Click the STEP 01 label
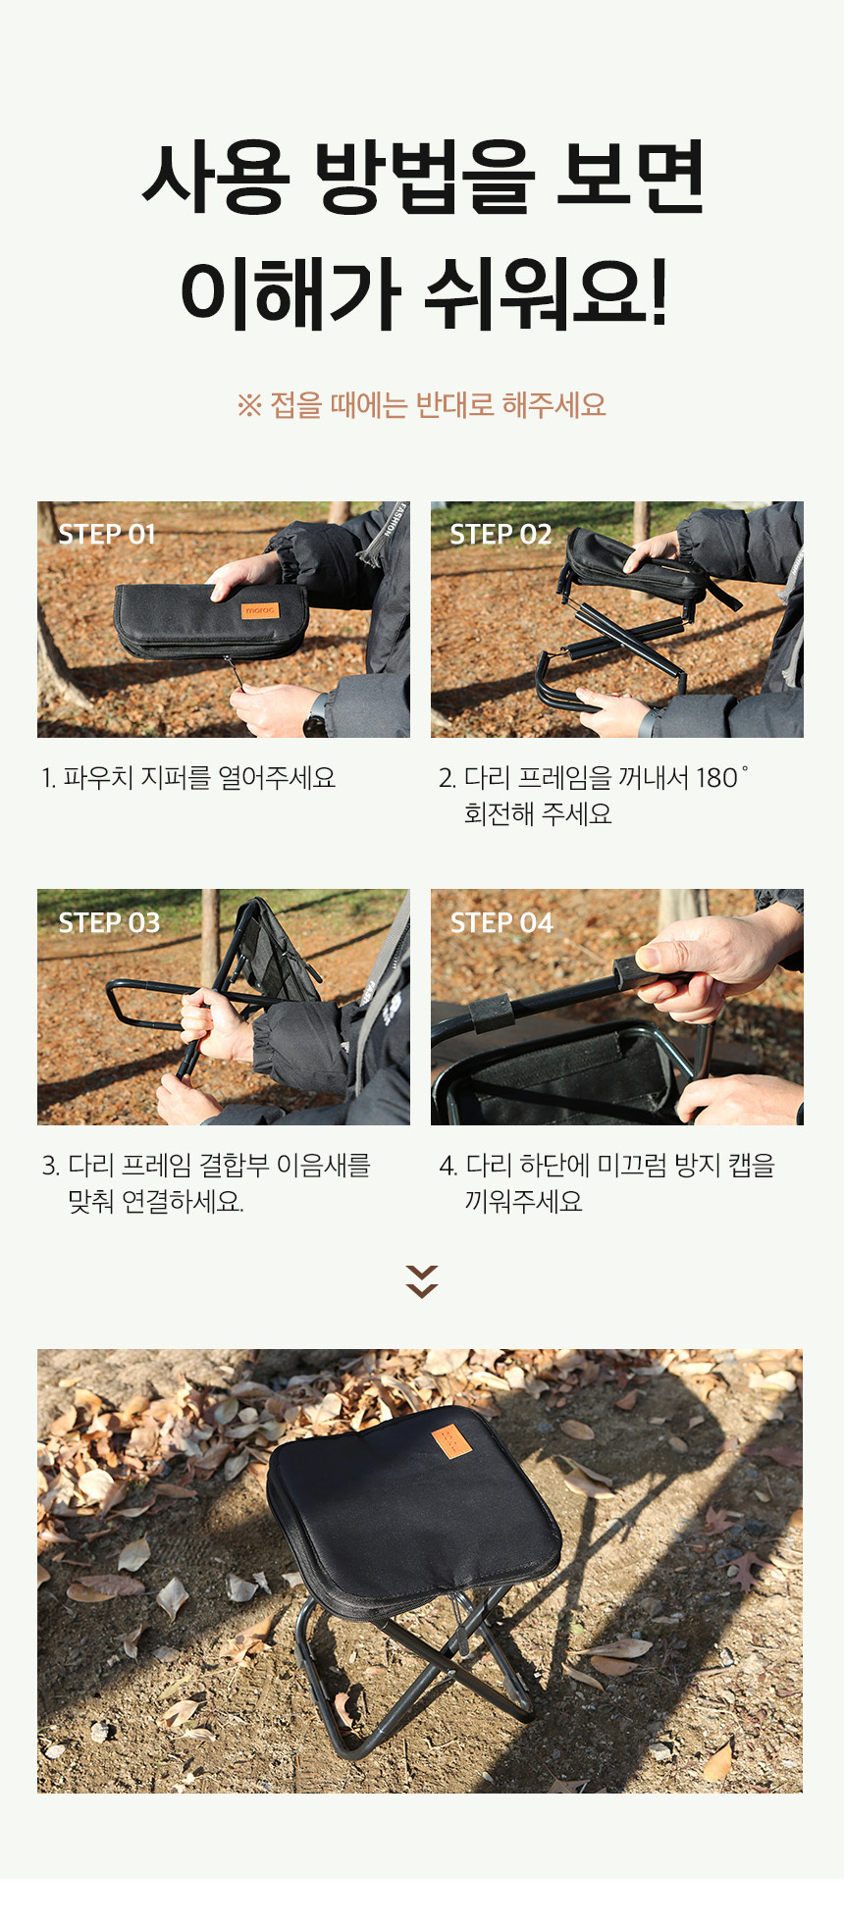pos(107,534)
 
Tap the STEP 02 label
pos(501,534)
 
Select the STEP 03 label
pos(109,922)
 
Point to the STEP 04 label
pos(501,922)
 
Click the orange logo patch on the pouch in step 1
pos(261,610)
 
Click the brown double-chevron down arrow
pos(422,1281)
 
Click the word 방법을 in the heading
pos(425,179)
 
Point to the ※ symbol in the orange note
pos(249,405)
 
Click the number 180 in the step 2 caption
pos(717,778)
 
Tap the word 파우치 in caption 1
pos(98,778)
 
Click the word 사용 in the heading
pos(215,179)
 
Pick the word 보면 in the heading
pos(631,179)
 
